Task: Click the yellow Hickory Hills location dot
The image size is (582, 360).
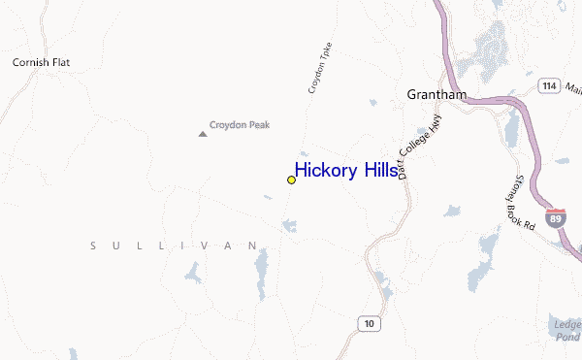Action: point(291,180)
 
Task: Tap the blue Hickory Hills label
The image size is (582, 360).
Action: point(345,171)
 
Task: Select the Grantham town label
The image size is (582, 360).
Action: point(436,95)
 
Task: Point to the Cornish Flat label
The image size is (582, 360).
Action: point(41,63)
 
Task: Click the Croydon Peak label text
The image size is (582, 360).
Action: point(240,124)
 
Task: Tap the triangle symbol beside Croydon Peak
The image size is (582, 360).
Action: point(203,133)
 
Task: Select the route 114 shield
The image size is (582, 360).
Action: point(549,86)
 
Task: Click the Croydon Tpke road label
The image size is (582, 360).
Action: point(320,68)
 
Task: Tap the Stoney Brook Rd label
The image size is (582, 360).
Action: point(519,202)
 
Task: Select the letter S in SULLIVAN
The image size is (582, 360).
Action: point(93,246)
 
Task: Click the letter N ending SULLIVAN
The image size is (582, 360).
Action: point(254,246)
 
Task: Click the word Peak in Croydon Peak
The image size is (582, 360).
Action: point(258,124)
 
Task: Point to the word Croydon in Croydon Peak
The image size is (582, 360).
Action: point(228,124)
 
